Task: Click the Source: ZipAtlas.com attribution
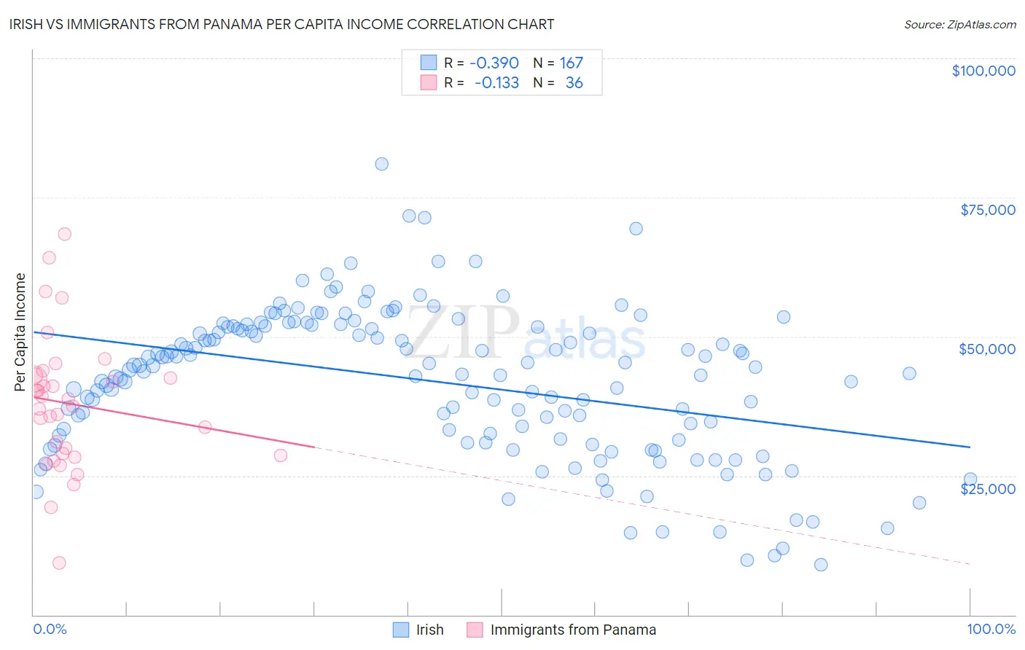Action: [959, 25]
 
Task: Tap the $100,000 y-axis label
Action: [983, 71]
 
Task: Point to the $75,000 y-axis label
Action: [988, 210]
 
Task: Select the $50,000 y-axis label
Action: [987, 349]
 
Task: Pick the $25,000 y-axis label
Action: [988, 489]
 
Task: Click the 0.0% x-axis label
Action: [50, 629]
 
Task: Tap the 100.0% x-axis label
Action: [991, 629]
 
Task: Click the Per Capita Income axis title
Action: [20, 332]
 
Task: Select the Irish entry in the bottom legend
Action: [429, 630]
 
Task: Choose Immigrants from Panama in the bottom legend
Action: [572, 630]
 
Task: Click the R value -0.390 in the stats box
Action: [494, 63]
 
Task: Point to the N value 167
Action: [571, 63]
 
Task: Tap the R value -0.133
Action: [496, 83]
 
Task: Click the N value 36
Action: [574, 83]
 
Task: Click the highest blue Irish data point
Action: [381, 164]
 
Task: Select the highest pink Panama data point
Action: [64, 234]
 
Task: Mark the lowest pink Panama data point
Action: [59, 563]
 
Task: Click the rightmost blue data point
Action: [970, 479]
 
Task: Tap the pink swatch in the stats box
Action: [428, 83]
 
